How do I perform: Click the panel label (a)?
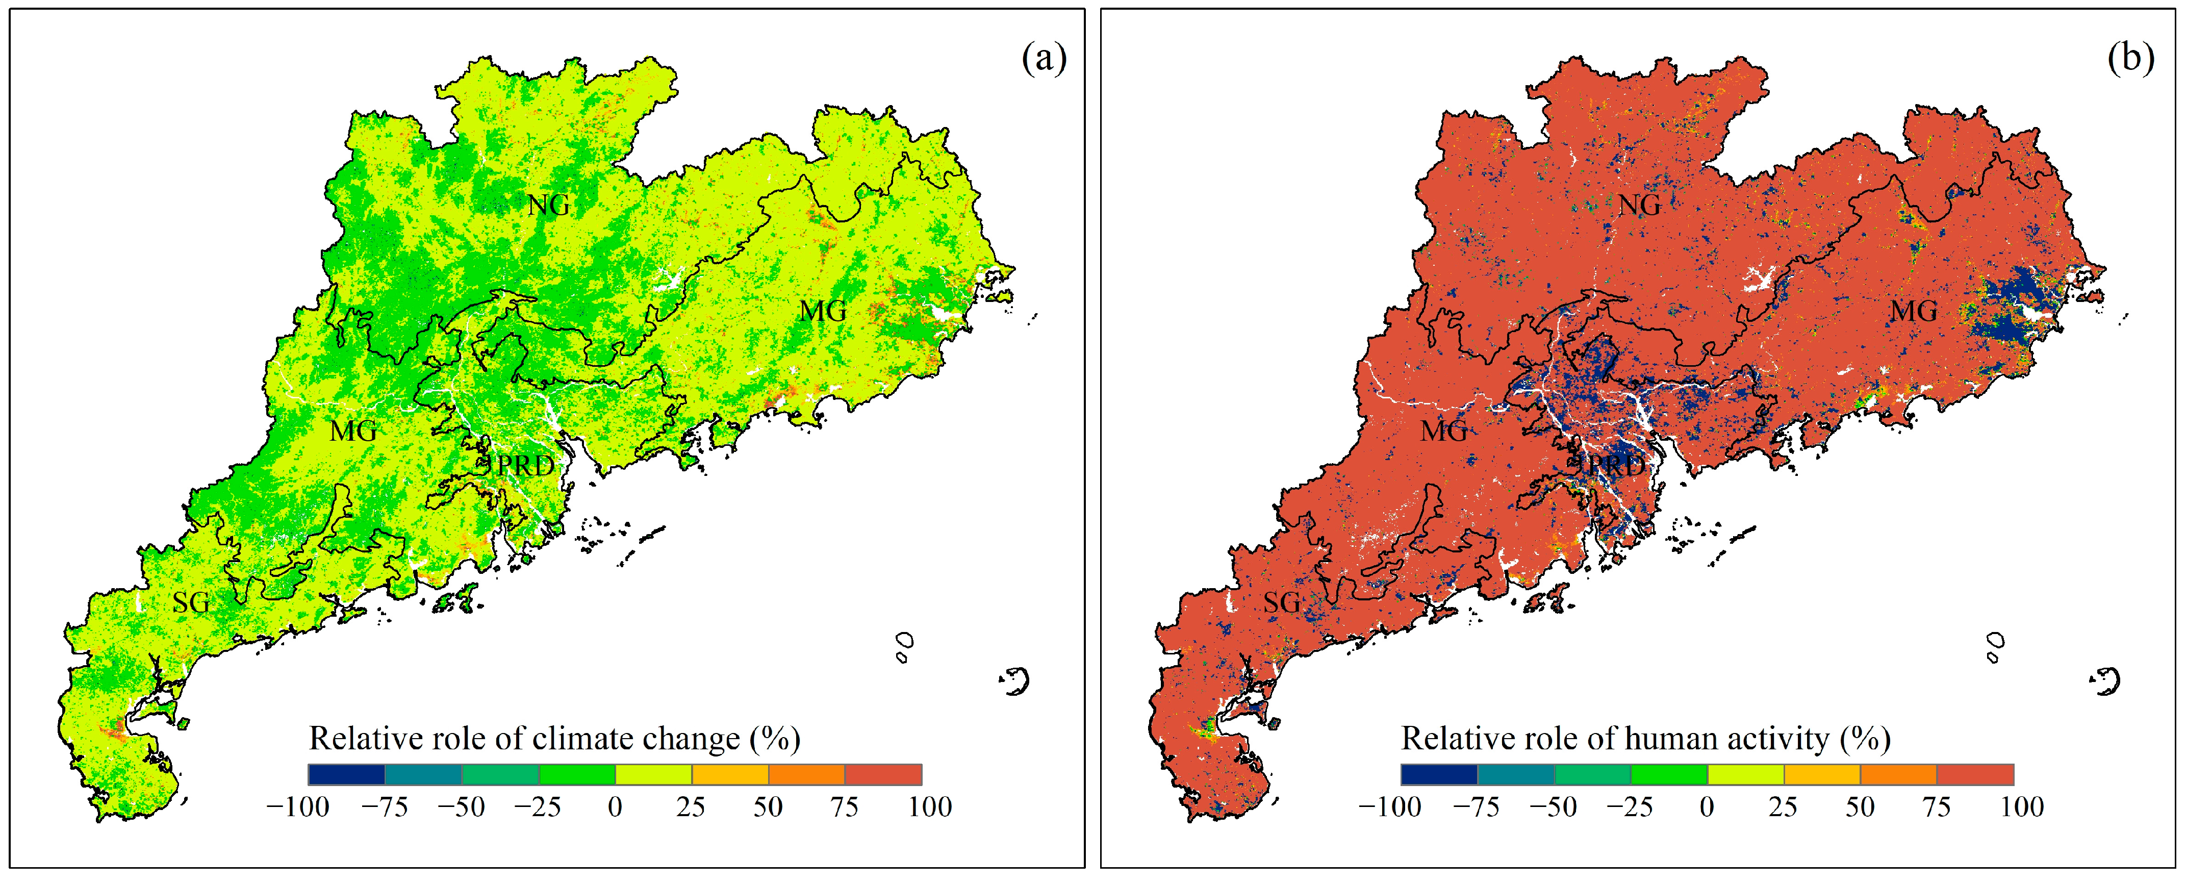tap(1044, 59)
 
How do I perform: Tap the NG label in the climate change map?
tap(548, 205)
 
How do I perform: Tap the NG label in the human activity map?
tap(1639, 205)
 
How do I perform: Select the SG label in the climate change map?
tap(191, 602)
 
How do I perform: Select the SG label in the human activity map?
tap(1281, 602)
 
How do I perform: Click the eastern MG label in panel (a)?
tap(822, 311)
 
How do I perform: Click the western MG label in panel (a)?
tap(353, 431)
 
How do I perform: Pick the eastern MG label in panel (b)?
tap(1914, 311)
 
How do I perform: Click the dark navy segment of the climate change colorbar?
tap(346, 774)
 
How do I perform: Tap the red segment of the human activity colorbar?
tap(1975, 774)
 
